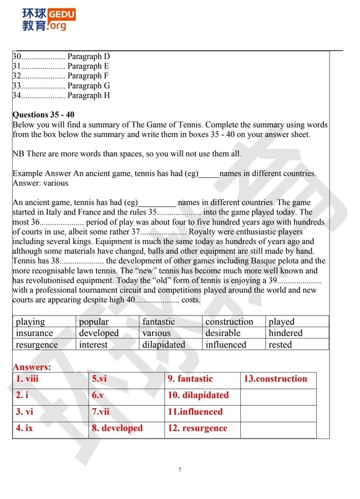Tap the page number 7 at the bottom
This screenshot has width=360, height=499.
[180, 470]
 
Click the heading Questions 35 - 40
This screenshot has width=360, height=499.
[43, 115]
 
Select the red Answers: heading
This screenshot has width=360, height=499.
[32, 367]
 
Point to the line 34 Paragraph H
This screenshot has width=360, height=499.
[61, 95]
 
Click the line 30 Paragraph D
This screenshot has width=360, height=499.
[61, 57]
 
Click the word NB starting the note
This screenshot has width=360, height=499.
[18, 154]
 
